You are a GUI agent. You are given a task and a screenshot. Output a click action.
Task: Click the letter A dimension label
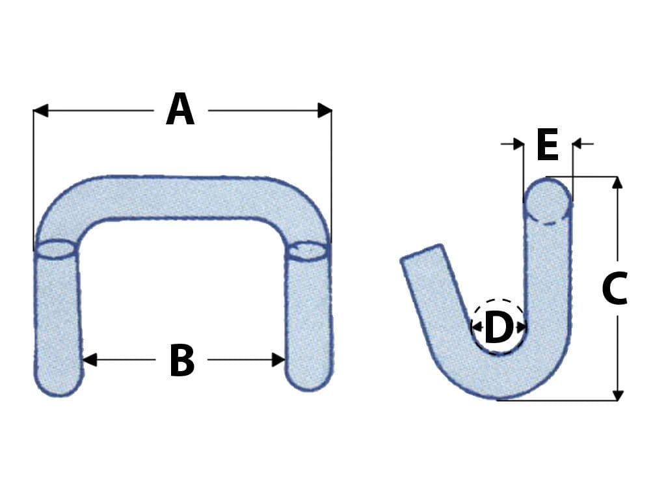pos(181,110)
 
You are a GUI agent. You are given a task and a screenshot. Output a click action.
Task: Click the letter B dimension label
pos(182,361)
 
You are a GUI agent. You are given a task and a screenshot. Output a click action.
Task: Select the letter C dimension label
pos(615,288)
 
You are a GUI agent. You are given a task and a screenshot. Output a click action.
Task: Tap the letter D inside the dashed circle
pos(498,327)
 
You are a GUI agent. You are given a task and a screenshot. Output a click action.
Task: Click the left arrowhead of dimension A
pos(41,111)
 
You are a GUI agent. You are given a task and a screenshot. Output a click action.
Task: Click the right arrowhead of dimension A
pos(325,111)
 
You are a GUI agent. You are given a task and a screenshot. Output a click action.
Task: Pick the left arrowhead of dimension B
pos(90,359)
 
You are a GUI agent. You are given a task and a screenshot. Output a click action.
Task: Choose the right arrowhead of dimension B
pos(278,359)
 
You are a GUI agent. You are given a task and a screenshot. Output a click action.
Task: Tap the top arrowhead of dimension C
pos(618,183)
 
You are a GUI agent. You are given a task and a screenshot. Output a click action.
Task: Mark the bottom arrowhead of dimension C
pos(618,395)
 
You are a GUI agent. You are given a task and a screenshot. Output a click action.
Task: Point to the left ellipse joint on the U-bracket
pos(56,249)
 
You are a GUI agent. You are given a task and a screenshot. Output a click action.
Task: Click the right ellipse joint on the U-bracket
pos(308,251)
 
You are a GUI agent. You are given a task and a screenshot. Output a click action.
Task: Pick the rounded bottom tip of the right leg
pos(309,381)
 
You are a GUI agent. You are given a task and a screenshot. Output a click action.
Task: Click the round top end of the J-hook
pos(548,201)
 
